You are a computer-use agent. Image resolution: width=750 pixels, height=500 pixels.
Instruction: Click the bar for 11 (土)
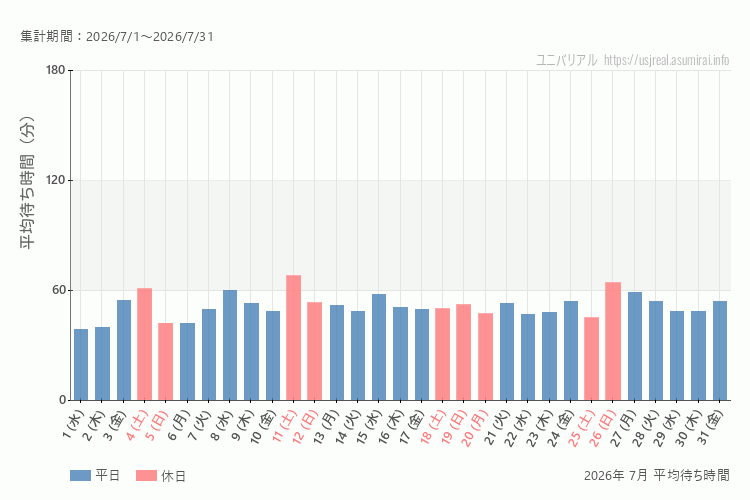point(293,337)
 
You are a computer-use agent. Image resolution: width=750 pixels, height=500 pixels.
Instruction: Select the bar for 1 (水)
point(81,365)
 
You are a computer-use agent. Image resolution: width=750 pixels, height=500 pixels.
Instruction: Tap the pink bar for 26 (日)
point(613,341)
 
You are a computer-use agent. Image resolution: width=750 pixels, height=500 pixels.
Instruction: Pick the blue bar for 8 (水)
point(230,345)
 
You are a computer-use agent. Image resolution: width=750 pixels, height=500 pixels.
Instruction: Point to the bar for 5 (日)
point(165,362)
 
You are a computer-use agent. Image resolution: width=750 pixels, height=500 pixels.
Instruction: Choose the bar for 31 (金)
point(719,351)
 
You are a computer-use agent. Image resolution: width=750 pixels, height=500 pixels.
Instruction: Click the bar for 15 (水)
point(379,347)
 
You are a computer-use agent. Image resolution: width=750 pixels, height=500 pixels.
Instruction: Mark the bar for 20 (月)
point(485,356)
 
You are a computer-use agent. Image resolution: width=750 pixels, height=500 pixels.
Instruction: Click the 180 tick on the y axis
point(55,70)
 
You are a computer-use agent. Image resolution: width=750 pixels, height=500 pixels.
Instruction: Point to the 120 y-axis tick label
point(55,180)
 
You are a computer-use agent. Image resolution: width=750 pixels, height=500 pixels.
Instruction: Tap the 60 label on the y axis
point(59,290)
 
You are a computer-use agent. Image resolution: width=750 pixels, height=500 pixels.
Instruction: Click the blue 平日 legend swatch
point(80,475)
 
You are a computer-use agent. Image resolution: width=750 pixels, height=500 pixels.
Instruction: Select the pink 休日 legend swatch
point(146,475)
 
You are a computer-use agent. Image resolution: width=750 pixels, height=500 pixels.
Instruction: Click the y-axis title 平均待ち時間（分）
point(28,182)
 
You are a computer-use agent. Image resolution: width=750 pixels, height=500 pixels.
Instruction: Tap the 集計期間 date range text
point(117,36)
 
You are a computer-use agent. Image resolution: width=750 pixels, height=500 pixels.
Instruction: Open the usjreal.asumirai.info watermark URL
point(666,60)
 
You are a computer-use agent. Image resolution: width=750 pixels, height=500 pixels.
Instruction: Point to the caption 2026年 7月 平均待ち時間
point(657,475)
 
